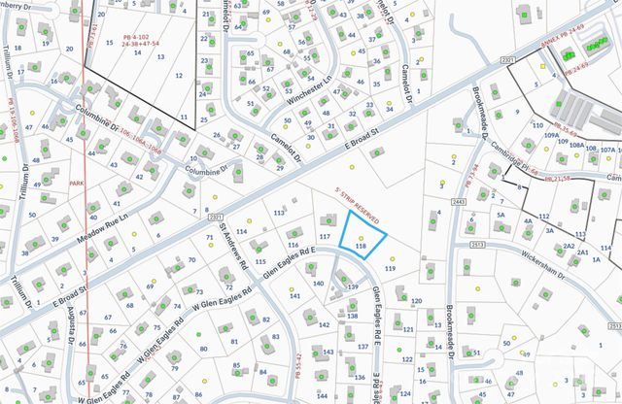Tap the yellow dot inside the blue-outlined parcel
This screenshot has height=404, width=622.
[362, 236]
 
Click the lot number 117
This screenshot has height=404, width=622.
[325, 237]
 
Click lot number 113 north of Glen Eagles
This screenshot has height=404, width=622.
[279, 211]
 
